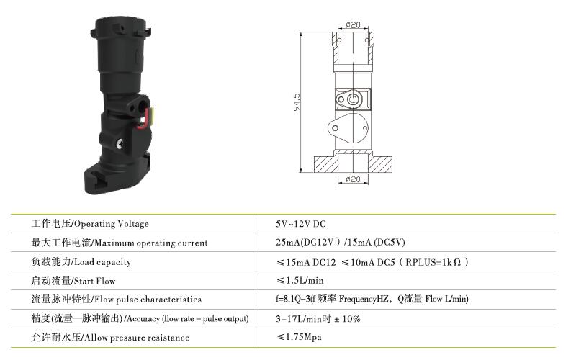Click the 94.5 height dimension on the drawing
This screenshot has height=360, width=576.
(297, 102)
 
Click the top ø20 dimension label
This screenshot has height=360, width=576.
(353, 24)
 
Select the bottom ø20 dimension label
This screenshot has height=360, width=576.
(353, 179)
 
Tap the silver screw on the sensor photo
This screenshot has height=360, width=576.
(120, 145)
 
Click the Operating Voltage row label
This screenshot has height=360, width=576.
(90, 224)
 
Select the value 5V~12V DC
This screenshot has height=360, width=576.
(301, 224)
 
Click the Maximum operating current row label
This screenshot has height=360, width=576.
(120, 243)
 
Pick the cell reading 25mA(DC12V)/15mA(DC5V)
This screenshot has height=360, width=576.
(341, 243)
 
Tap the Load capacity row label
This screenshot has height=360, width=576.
(81, 262)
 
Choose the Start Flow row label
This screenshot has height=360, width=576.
(73, 281)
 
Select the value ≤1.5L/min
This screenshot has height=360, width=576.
(300, 281)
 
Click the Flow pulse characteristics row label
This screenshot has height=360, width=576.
(117, 300)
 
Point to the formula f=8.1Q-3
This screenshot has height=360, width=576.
(294, 299)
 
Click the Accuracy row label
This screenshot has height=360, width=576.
(140, 318)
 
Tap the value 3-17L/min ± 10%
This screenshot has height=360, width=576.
(318, 318)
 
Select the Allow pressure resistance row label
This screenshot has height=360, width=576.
(111, 338)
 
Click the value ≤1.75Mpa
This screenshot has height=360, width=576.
(299, 337)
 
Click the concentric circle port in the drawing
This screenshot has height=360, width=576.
(353, 99)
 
